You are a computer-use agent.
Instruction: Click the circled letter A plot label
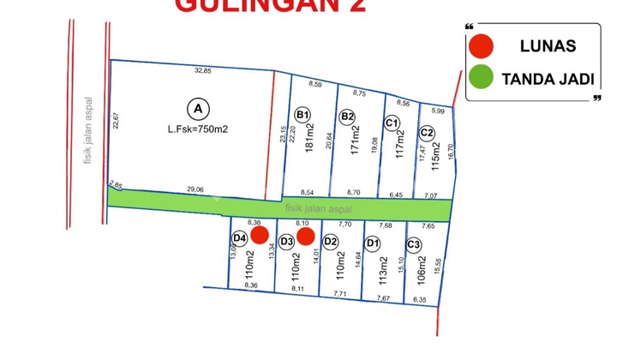point(198,109)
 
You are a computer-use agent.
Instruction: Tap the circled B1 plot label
point(302,115)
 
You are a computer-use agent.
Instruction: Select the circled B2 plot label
point(347,117)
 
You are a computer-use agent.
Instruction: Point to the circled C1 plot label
point(392,123)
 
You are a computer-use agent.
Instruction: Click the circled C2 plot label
point(427,133)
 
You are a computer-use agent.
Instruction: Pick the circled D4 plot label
point(240,237)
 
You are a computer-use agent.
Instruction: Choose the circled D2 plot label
point(331,241)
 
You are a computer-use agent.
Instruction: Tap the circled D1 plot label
point(373,243)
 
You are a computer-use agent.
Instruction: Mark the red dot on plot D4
point(261,235)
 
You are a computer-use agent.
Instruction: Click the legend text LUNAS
point(548,46)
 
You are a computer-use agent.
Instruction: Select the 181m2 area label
point(309,141)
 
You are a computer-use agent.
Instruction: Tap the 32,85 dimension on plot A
point(202,70)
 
